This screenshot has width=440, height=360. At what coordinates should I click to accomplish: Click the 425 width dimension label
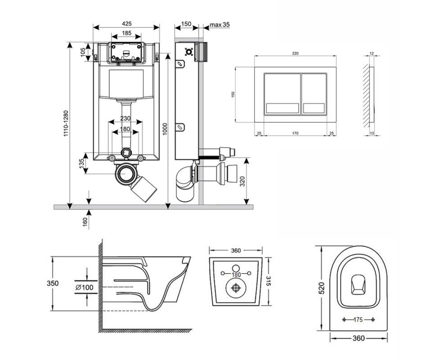[x=126, y=24]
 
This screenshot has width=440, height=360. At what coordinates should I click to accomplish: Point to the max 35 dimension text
[x=220, y=25]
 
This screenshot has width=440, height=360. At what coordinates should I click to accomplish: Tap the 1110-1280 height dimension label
[x=66, y=123]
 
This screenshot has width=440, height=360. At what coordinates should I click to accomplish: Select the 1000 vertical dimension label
[x=165, y=129]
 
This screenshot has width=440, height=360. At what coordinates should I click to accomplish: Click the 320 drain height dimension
[x=242, y=181]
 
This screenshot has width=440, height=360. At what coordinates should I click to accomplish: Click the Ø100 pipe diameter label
[x=84, y=287]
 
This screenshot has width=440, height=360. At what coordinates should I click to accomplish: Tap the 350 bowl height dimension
[x=53, y=283]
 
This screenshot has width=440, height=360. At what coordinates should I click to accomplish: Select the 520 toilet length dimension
[x=321, y=288]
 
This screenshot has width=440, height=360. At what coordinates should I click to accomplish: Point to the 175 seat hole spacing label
[x=358, y=319]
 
